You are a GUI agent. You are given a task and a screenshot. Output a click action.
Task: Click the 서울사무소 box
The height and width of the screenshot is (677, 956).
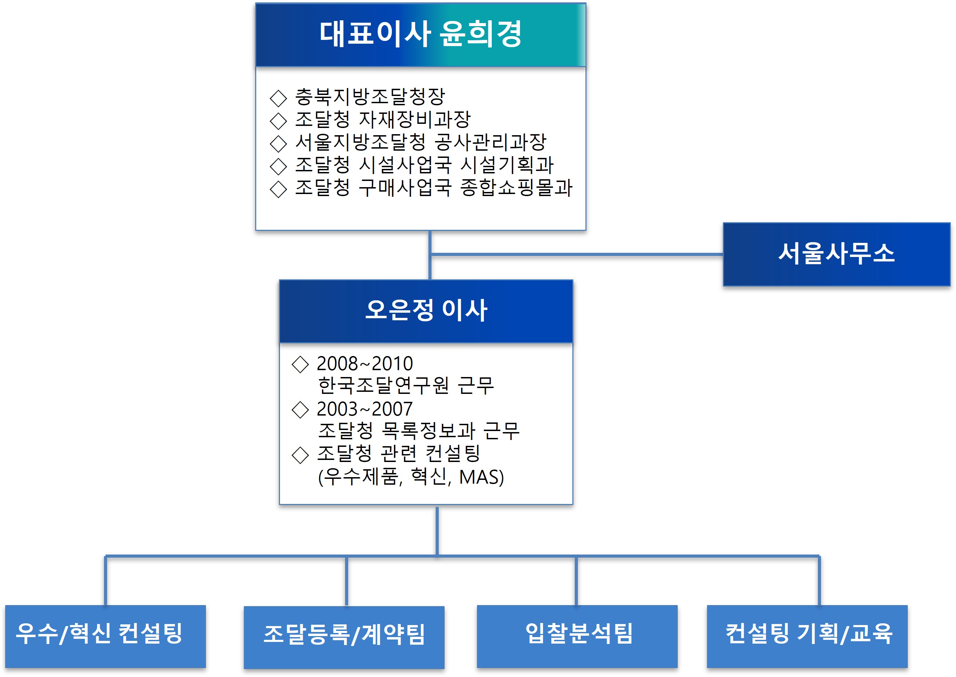pyautogui.click(x=836, y=254)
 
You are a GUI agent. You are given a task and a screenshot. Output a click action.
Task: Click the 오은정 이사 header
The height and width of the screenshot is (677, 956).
pyautogui.click(x=426, y=311)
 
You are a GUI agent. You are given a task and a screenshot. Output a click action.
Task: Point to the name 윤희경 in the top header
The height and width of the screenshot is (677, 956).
pyautogui.click(x=480, y=34)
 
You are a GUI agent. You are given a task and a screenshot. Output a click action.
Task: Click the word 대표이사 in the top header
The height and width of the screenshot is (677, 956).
pyautogui.click(x=375, y=34)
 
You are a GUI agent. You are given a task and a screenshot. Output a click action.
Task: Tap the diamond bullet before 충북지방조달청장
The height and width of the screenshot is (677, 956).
pyautogui.click(x=278, y=98)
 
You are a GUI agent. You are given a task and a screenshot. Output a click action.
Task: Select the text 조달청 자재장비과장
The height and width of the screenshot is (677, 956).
pyautogui.click(x=383, y=120)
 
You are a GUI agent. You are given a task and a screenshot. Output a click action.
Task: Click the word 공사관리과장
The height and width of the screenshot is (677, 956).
pyautogui.click(x=490, y=142)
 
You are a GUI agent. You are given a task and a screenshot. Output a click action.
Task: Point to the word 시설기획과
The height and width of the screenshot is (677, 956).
pyautogui.click(x=507, y=165)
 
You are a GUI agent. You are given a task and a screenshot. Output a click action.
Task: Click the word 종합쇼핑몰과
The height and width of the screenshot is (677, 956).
pyautogui.click(x=516, y=187)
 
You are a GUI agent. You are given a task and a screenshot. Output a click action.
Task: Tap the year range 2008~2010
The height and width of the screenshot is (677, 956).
pyautogui.click(x=364, y=364)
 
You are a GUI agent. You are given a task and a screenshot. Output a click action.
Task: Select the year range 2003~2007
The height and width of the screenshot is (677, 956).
pyautogui.click(x=364, y=409)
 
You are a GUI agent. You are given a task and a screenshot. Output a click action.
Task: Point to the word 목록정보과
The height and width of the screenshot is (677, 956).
pyautogui.click(x=428, y=431)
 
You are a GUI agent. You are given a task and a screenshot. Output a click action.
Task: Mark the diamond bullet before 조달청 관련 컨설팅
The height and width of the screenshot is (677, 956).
pyautogui.click(x=300, y=455)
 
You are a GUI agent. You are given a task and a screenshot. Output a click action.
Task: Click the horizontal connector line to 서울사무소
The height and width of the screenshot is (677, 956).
pyautogui.click(x=576, y=254)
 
